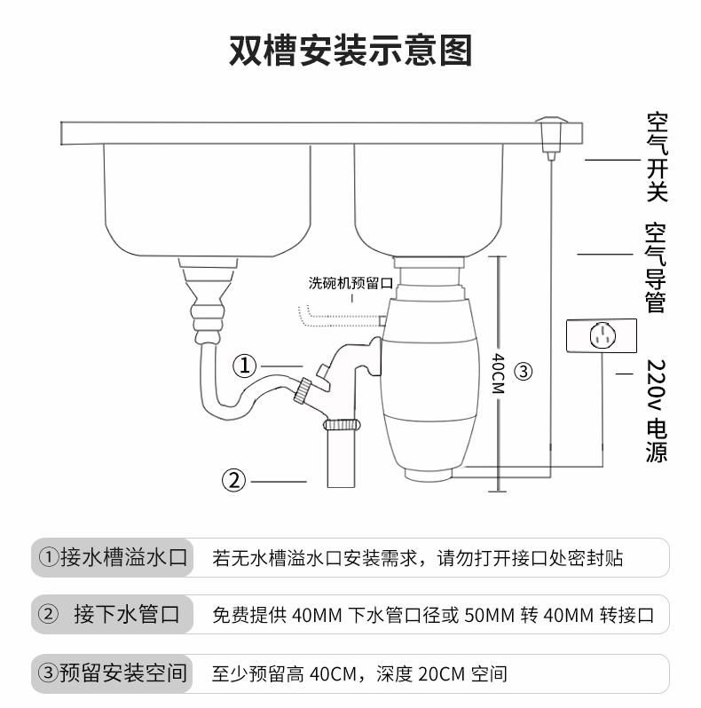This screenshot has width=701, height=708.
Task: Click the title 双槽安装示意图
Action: pos(350,51)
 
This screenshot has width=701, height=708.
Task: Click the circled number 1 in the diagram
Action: pos(246,366)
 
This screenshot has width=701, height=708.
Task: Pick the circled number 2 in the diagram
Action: pos(232,480)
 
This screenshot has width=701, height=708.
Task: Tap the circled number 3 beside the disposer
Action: pos(524,372)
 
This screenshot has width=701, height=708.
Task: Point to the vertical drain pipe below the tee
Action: pos(343,457)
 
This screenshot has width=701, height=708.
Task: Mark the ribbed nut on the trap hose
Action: pos(304,388)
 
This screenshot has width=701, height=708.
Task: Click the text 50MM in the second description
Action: pos(484,615)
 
